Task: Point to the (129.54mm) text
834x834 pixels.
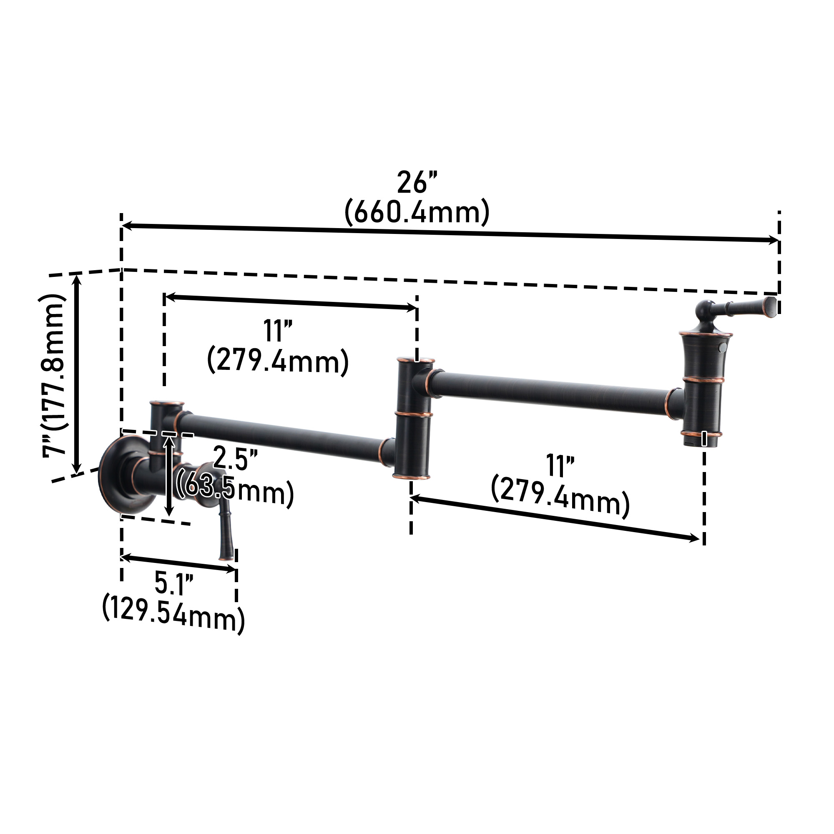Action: (x=173, y=615)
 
